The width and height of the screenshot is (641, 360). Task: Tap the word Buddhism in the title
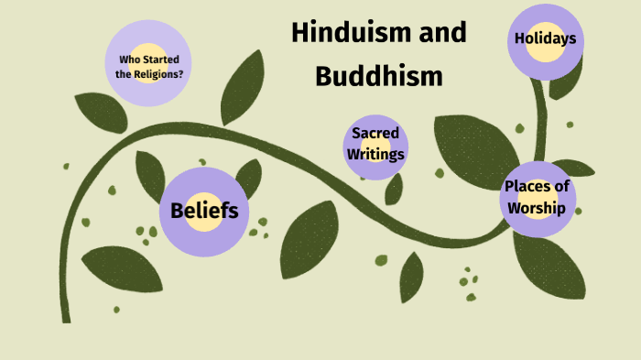pos(378,75)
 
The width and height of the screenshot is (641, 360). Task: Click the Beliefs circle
pos(204,211)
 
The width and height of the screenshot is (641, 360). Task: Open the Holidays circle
pos(545,39)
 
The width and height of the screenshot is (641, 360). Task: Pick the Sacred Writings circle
pos(375,144)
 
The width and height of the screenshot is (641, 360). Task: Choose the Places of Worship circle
pos(538,198)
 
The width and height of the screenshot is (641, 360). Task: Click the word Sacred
pos(375,134)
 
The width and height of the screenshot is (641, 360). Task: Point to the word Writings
pos(375,154)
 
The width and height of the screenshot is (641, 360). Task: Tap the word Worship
pos(538,208)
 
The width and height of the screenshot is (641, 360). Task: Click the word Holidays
pos(545,39)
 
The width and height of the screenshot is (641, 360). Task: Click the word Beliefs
pos(204,211)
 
